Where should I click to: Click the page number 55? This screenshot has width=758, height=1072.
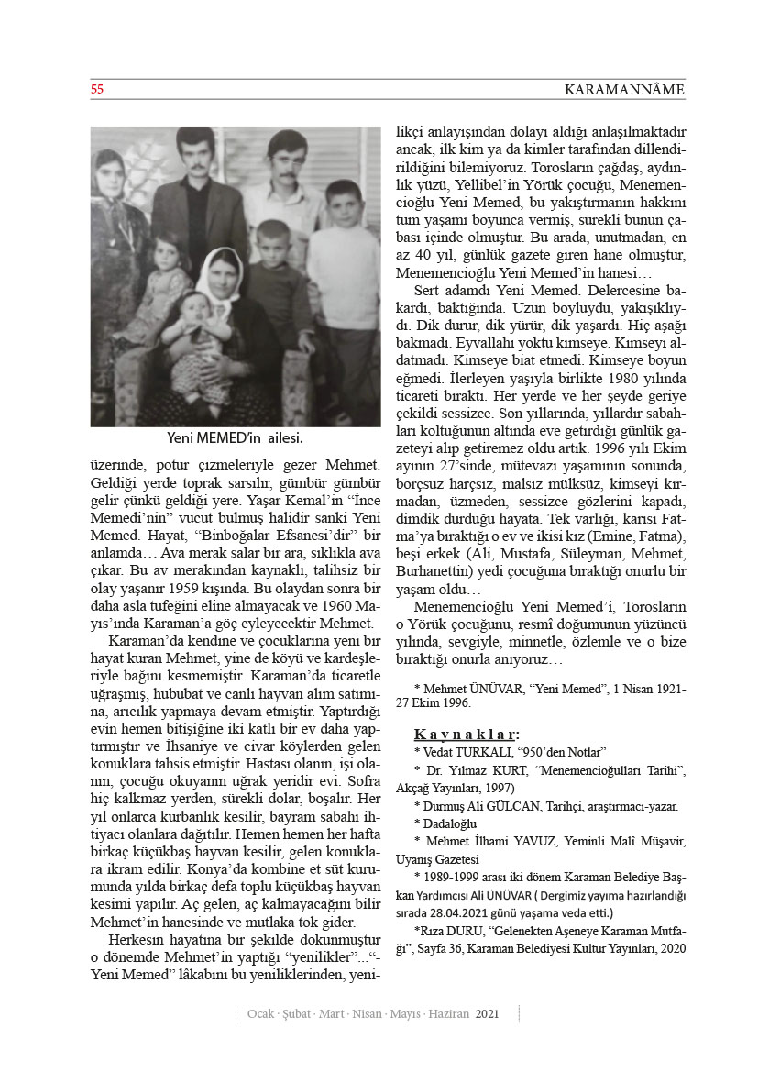[96, 90]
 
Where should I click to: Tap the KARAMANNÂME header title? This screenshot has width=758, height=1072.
[624, 90]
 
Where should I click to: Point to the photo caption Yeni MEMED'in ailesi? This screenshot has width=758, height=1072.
[236, 438]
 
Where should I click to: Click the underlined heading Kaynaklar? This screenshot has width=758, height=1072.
[467, 734]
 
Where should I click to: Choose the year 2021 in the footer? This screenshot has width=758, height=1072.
[488, 1013]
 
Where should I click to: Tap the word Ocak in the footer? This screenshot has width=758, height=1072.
[262, 1013]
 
